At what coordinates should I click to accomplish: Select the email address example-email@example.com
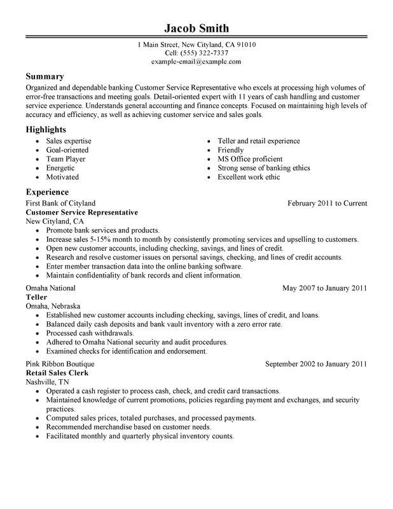(196, 62)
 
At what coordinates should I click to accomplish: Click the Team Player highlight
(65, 159)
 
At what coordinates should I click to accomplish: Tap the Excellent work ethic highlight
(248, 177)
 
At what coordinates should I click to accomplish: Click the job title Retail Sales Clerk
(57, 373)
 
